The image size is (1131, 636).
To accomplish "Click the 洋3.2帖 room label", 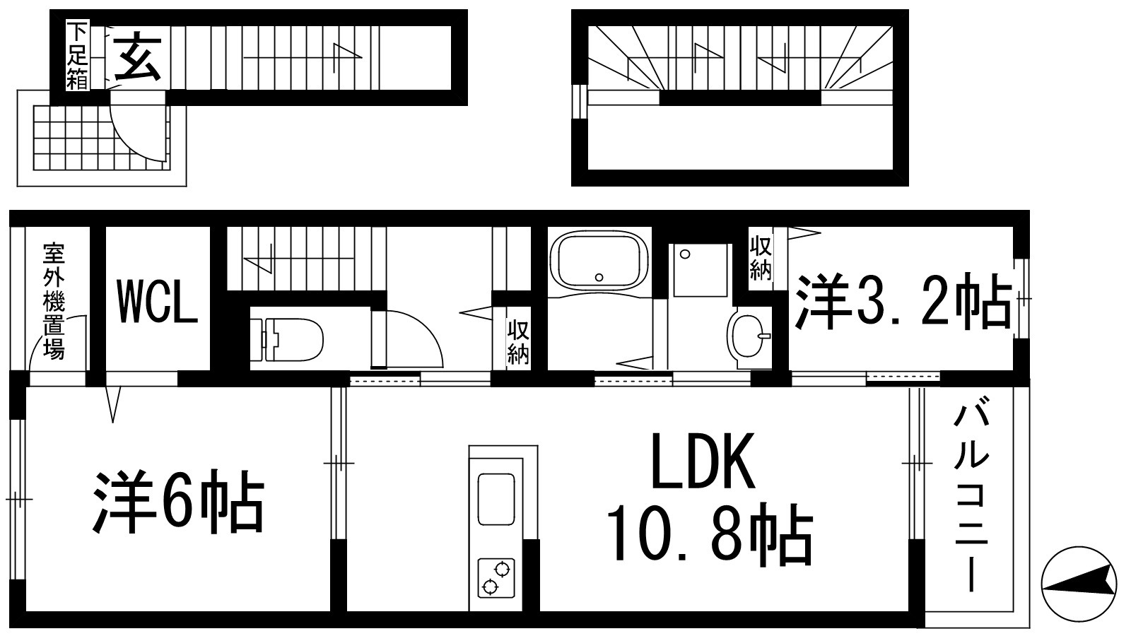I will (903, 304).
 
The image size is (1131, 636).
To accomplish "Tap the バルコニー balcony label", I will (971, 498).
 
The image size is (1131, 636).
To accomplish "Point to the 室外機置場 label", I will (54, 301).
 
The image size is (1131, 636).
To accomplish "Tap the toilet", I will (286, 339).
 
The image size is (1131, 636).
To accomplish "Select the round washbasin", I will (750, 336).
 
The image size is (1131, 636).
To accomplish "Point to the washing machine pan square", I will (701, 270).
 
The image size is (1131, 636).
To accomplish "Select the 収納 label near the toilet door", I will (518, 343).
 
